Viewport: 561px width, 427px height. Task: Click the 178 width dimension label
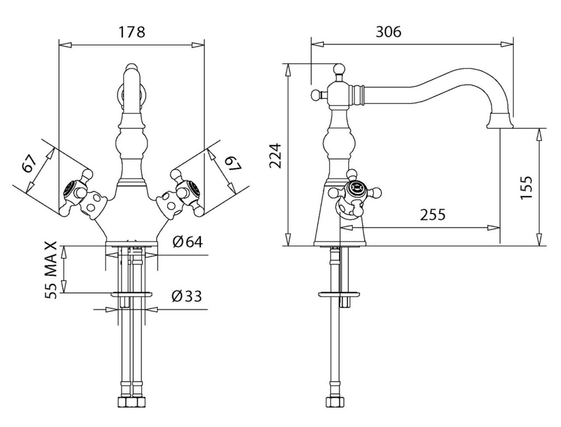(131, 32)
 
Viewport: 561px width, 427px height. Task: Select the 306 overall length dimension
(388, 32)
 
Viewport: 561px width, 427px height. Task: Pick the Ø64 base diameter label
(187, 242)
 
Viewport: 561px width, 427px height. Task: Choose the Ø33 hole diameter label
(187, 295)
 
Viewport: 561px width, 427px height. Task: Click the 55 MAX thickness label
(52, 270)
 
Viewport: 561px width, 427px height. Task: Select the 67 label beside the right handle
(232, 164)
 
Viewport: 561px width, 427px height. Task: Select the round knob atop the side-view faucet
(338, 69)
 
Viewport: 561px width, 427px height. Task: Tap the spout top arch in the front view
(131, 71)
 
